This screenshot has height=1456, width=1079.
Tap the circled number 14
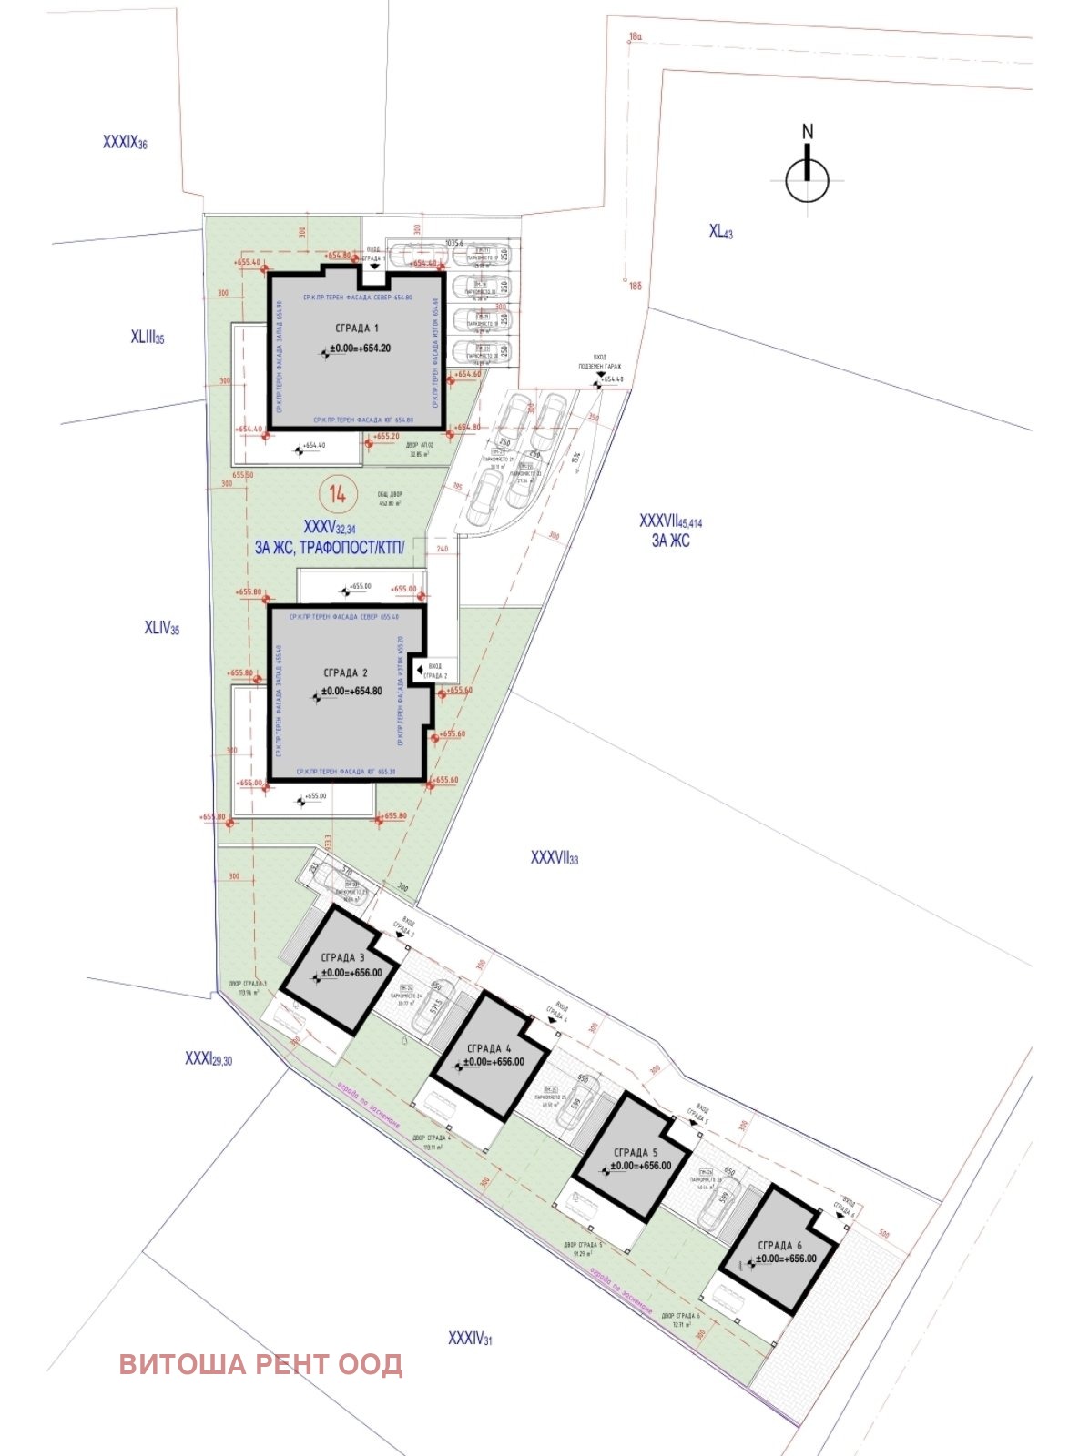coord(337,495)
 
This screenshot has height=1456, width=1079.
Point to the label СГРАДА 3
coord(342,957)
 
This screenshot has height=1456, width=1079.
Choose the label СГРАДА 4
coord(487,1048)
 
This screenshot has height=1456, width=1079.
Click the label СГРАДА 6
coord(779,1245)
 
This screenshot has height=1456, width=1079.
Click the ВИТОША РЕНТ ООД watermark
coord(260,1364)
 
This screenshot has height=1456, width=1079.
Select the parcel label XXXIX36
coord(125,143)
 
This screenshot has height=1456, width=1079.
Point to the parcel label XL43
coord(720,231)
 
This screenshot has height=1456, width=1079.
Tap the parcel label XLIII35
coord(147,338)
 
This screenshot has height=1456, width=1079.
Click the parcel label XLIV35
coord(161,628)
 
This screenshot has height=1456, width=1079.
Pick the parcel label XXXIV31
coord(470,1338)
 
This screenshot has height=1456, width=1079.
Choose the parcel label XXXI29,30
coord(208,1058)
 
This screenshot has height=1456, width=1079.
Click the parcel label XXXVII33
coord(554,857)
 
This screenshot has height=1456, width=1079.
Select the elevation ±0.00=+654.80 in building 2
coord(351,691)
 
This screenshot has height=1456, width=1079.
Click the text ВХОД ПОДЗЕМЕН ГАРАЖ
coord(600,361)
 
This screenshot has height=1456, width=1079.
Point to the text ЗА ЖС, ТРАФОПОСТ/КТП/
coord(328,547)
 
